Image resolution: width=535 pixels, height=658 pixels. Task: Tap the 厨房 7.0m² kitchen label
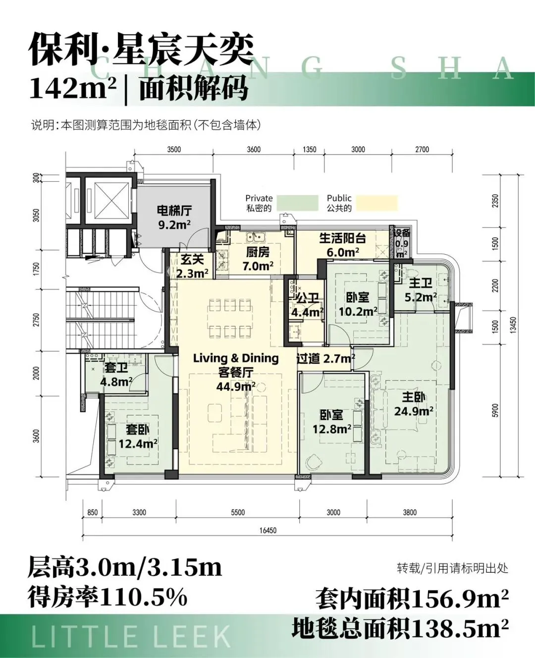[x=258, y=259]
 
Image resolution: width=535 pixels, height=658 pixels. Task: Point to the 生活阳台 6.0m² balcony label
[x=343, y=245]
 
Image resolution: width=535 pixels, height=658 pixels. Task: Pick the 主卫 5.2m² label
[x=421, y=290]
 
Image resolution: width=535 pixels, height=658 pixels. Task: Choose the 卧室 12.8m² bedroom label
[x=332, y=422]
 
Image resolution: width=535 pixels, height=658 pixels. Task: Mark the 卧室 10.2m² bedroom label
[x=358, y=304]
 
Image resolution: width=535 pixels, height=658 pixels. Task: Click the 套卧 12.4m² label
[x=138, y=437]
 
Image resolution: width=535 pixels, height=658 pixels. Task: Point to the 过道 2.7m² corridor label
[x=325, y=358]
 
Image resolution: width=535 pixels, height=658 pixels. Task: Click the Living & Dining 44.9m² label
[x=236, y=372]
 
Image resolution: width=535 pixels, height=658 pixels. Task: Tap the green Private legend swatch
[x=297, y=203]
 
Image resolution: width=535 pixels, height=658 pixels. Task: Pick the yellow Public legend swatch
[x=377, y=203]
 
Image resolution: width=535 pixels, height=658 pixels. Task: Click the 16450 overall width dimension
[x=268, y=531]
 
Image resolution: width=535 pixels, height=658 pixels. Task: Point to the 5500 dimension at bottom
[x=238, y=512]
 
